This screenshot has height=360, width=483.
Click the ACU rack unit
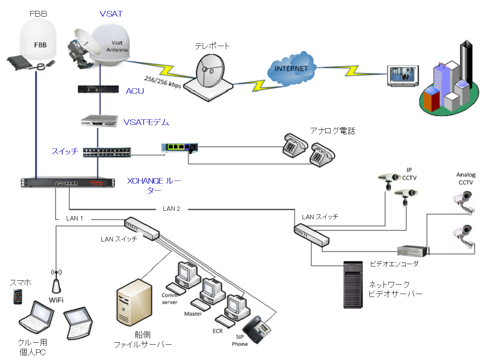[99, 89]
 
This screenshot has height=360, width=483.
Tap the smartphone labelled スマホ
[17, 296]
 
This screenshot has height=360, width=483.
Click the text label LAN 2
[171, 209]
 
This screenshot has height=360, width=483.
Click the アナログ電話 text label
[333, 131]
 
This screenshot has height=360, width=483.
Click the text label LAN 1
[74, 218]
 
